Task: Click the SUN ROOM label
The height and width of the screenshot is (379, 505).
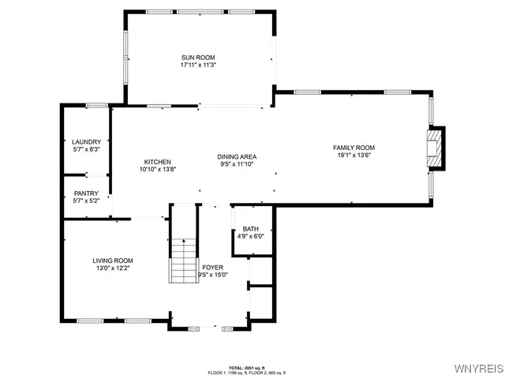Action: [x=197, y=58]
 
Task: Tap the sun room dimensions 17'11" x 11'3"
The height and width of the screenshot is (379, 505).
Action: [x=197, y=66]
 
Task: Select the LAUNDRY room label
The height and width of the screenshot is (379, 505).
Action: [x=86, y=142]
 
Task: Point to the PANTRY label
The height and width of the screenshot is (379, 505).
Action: [x=86, y=193]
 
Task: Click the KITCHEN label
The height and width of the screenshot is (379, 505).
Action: [x=157, y=162]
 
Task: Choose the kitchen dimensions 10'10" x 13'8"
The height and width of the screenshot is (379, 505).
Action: [x=157, y=169]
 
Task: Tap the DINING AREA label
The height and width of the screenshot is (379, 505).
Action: [x=237, y=156]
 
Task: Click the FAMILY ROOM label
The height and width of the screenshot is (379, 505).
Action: [x=353, y=148]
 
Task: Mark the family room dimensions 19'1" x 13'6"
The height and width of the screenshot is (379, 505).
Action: [x=353, y=155]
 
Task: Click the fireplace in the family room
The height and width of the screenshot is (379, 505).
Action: [x=435, y=148]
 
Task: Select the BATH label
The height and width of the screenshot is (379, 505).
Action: [x=250, y=229]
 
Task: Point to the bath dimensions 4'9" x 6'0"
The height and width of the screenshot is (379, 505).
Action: [x=250, y=236]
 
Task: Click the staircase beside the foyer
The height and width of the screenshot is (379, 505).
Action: [x=183, y=261]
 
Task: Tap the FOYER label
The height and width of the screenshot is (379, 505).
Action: [x=212, y=268]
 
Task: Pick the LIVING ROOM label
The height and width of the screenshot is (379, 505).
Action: [x=113, y=261]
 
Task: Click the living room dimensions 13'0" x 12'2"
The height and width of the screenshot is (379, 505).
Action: [x=113, y=268]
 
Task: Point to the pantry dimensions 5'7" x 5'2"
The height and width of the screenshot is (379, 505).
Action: [x=86, y=201]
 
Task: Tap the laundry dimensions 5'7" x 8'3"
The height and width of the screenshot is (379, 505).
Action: [x=86, y=149]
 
